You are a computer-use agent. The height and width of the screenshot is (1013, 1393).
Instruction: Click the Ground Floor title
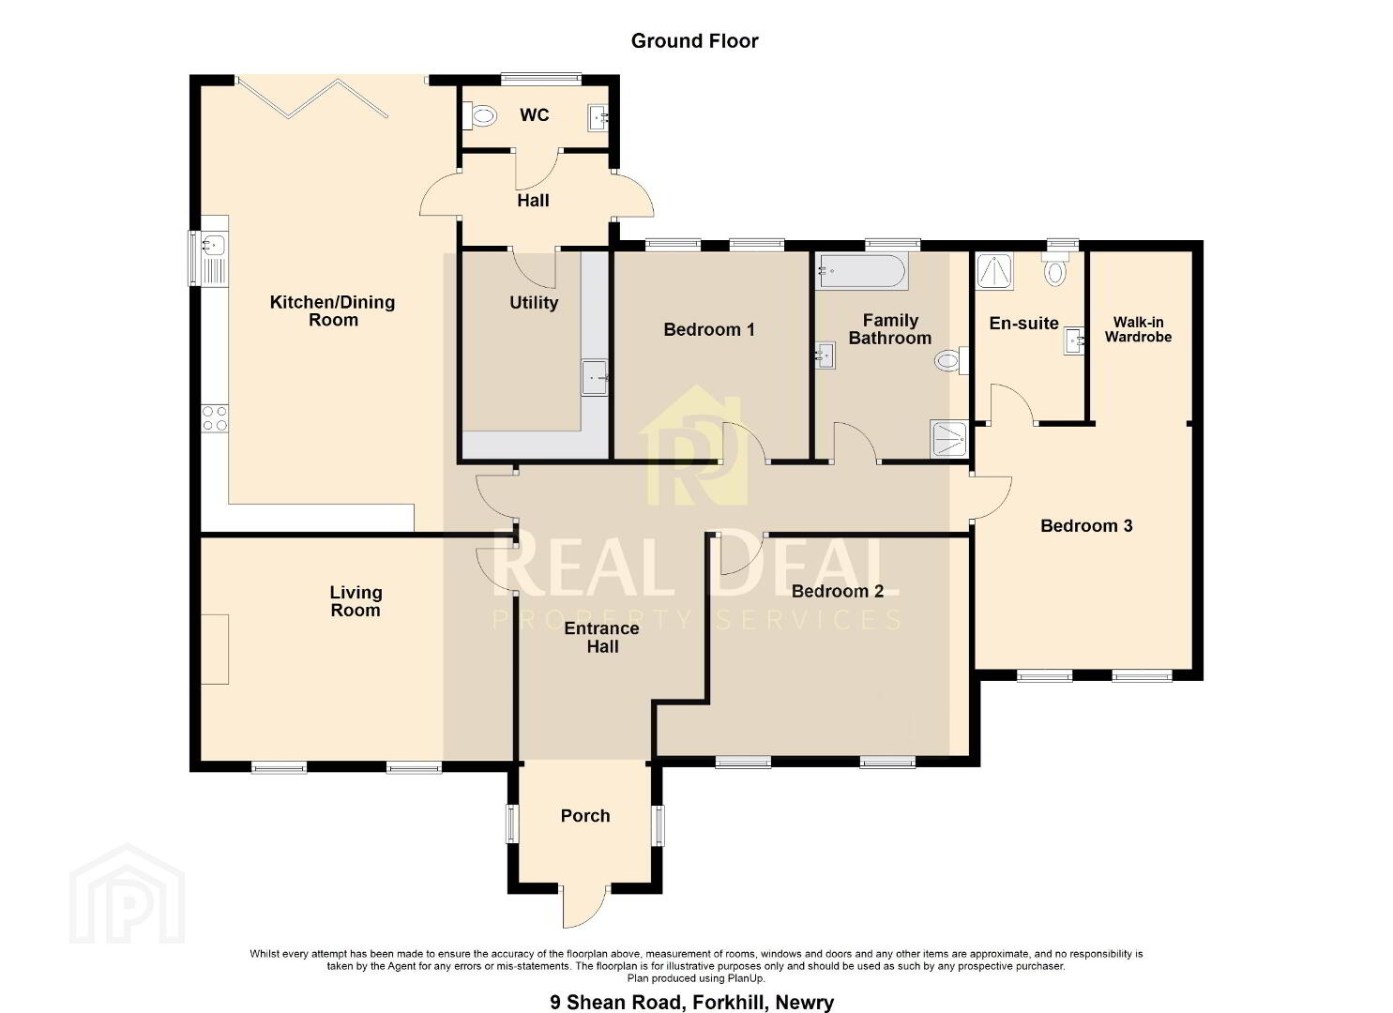tap(695, 41)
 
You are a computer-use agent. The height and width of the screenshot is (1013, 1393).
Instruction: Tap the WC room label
tap(534, 115)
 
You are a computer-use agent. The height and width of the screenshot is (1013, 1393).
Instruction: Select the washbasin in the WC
tap(598, 118)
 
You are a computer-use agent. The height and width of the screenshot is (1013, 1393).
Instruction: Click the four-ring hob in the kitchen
tap(215, 418)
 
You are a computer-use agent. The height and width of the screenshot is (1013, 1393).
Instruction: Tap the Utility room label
tap(534, 303)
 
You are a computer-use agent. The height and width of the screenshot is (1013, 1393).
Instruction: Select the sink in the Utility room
tap(594, 377)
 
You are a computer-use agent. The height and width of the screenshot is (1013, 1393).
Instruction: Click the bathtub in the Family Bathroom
tap(863, 271)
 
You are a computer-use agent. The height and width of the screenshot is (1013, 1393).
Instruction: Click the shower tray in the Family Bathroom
tap(948, 439)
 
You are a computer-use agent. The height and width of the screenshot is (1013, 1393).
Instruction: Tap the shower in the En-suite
tap(993, 271)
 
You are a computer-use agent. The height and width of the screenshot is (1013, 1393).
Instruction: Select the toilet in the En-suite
tap(1054, 269)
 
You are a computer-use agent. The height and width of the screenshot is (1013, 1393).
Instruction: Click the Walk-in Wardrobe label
tap(1138, 329)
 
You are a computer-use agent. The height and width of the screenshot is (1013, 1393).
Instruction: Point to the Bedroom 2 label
tap(837, 591)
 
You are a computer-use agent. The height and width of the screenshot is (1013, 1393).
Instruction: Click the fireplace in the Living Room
tap(215, 649)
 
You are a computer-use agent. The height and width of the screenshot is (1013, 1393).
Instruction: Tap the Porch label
tap(585, 816)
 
